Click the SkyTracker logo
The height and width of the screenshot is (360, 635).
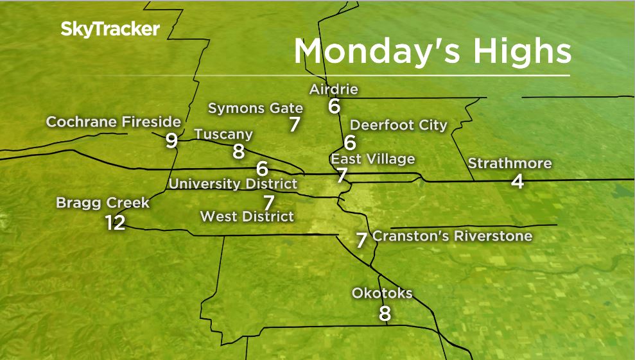click(110, 30)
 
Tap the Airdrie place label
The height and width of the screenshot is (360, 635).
click(333, 89)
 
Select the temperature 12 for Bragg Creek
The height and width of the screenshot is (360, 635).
click(116, 223)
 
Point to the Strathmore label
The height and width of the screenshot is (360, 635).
click(509, 163)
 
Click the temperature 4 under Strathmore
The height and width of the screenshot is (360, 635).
click(518, 182)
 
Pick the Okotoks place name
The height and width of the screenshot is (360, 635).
click(382, 293)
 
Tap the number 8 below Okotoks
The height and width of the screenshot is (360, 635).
click(385, 314)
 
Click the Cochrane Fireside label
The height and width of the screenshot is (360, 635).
click(114, 122)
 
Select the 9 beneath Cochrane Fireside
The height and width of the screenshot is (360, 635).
click(171, 141)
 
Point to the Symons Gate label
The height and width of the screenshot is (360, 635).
click(255, 108)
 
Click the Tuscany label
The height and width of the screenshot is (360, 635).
click(223, 134)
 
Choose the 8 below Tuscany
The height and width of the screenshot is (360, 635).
click(238, 151)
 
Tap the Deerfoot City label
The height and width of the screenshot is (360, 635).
click(398, 124)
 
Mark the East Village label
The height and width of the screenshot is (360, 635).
click(372, 159)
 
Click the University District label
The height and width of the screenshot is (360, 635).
click(233, 184)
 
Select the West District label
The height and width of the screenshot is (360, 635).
click(247, 216)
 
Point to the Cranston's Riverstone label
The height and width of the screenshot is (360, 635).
click(452, 236)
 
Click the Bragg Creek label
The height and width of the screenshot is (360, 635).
click(103, 203)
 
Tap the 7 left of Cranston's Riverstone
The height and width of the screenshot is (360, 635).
click(361, 240)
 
